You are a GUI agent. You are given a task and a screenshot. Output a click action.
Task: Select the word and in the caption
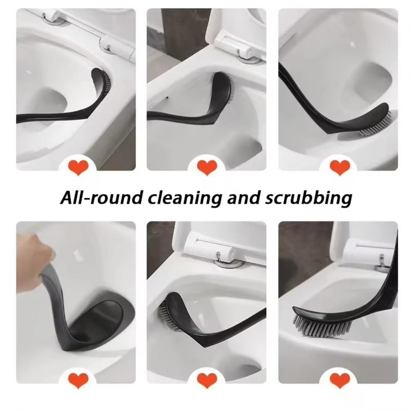pyautogui.click(x=240, y=198)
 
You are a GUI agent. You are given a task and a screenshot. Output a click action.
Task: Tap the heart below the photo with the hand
pyautogui.click(x=78, y=380)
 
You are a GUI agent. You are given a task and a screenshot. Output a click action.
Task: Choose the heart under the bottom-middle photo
pyautogui.click(x=207, y=380)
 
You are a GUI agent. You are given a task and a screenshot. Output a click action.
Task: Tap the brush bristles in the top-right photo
pyautogui.click(x=376, y=125)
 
